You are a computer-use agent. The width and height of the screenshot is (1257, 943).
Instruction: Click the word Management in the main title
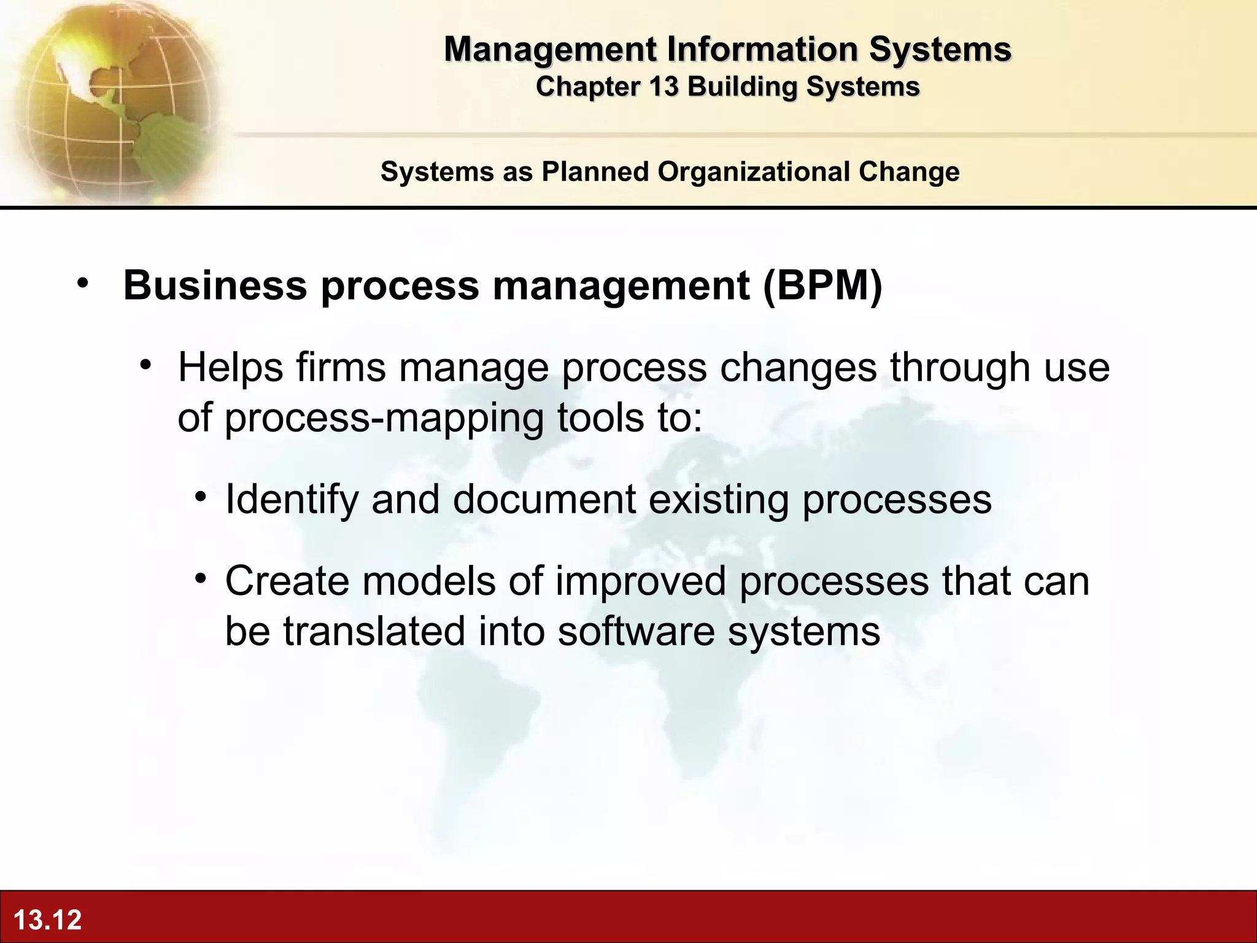[x=549, y=49]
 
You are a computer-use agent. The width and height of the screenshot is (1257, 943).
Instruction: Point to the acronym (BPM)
[x=822, y=285]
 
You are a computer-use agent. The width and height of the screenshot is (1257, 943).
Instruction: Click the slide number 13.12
[x=47, y=920]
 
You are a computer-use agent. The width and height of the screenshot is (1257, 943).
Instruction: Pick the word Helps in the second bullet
[x=231, y=367]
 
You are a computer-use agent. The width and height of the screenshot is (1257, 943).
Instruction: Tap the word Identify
[x=292, y=500]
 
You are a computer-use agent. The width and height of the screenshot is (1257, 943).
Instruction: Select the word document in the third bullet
[x=544, y=499]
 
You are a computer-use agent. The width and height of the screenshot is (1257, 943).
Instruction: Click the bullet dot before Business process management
[x=83, y=284]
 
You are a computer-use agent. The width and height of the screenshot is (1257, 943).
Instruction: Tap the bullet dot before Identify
[x=201, y=497]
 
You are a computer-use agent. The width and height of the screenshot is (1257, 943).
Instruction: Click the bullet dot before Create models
[x=201, y=578]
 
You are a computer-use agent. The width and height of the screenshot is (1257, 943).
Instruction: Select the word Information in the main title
[x=762, y=49]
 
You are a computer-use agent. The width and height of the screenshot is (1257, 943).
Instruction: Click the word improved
[x=641, y=581]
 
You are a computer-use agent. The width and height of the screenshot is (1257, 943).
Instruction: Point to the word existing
[x=718, y=500]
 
